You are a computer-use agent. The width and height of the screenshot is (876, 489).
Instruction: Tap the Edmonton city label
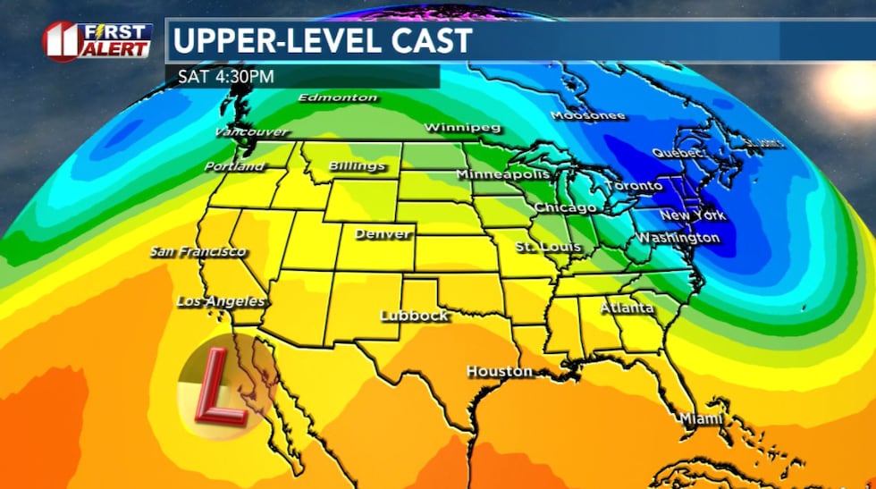click(x=338, y=97)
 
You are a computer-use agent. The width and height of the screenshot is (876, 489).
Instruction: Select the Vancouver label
click(x=251, y=132)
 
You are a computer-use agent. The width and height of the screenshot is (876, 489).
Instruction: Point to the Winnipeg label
click(x=461, y=127)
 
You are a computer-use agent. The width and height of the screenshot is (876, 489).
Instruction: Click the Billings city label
click(x=357, y=166)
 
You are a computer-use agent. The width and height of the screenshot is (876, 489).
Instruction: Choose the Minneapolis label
click(x=503, y=174)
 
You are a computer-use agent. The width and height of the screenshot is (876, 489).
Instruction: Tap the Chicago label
click(x=565, y=207)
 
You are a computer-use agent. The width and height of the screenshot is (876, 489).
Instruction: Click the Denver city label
click(x=383, y=234)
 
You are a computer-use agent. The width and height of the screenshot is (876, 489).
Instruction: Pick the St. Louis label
click(x=548, y=246)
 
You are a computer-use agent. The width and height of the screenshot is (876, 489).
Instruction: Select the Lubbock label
click(x=413, y=316)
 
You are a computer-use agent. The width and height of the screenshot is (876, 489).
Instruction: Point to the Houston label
click(x=499, y=371)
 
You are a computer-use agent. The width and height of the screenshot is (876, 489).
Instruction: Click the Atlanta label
click(x=627, y=308)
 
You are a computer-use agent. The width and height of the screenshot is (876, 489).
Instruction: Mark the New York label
click(x=692, y=215)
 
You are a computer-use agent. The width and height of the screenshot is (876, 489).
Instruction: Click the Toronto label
click(x=634, y=186)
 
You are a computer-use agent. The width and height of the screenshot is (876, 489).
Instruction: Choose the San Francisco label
click(x=198, y=251)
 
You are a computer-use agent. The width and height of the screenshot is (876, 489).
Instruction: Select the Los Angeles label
click(x=221, y=301)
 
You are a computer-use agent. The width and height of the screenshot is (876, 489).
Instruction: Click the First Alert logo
click(x=97, y=41)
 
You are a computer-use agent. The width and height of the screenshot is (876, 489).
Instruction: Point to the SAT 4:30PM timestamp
click(x=224, y=76)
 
